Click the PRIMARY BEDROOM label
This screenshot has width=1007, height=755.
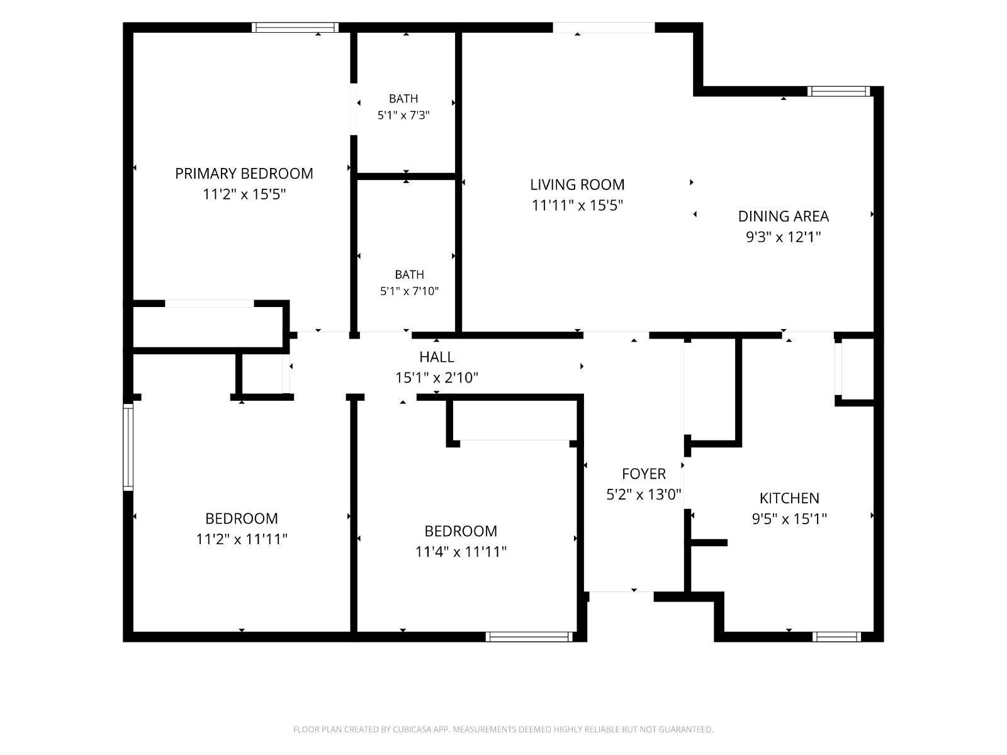244,173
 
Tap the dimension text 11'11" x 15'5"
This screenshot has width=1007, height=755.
577,205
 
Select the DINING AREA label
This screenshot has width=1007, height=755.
783,216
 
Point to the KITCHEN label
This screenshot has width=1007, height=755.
789,498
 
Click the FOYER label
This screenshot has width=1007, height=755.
644,474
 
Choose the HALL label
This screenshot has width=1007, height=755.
437,357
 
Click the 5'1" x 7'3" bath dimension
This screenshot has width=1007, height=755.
403,115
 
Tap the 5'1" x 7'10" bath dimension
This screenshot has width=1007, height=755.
409,291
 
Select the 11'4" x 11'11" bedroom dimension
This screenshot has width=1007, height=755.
461,551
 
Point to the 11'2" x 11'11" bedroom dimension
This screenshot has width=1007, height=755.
241,539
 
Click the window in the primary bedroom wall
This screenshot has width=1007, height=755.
295,28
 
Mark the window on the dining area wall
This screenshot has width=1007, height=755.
838,91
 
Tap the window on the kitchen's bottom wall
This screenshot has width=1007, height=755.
836,637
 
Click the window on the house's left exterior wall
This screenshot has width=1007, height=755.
128,447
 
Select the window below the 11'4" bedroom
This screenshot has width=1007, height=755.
529,637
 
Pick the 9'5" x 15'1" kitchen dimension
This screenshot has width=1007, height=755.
789,518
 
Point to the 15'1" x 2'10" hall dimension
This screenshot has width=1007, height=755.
437,377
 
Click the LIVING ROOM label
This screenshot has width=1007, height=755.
577,184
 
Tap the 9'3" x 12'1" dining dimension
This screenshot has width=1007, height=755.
783,237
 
